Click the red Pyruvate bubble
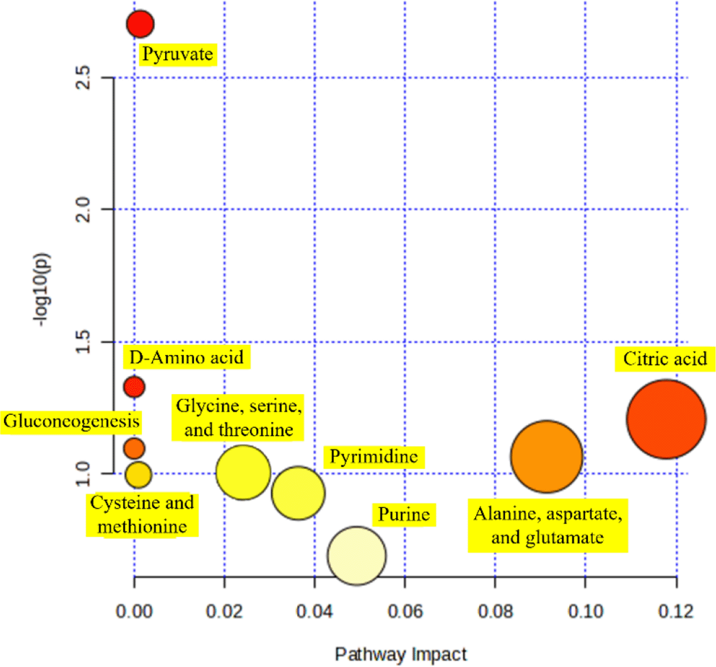pos(140,24)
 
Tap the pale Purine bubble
pos(356,556)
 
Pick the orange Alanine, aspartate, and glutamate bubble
pos(546,457)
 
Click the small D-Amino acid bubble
pos(134,387)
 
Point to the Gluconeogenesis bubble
pos(134,447)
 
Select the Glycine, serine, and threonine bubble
pos(243,473)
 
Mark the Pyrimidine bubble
pos(298,493)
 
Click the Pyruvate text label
pos(178,53)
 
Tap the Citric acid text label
pos(665,358)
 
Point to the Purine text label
pos(403,515)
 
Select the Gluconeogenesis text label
pos(73,422)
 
